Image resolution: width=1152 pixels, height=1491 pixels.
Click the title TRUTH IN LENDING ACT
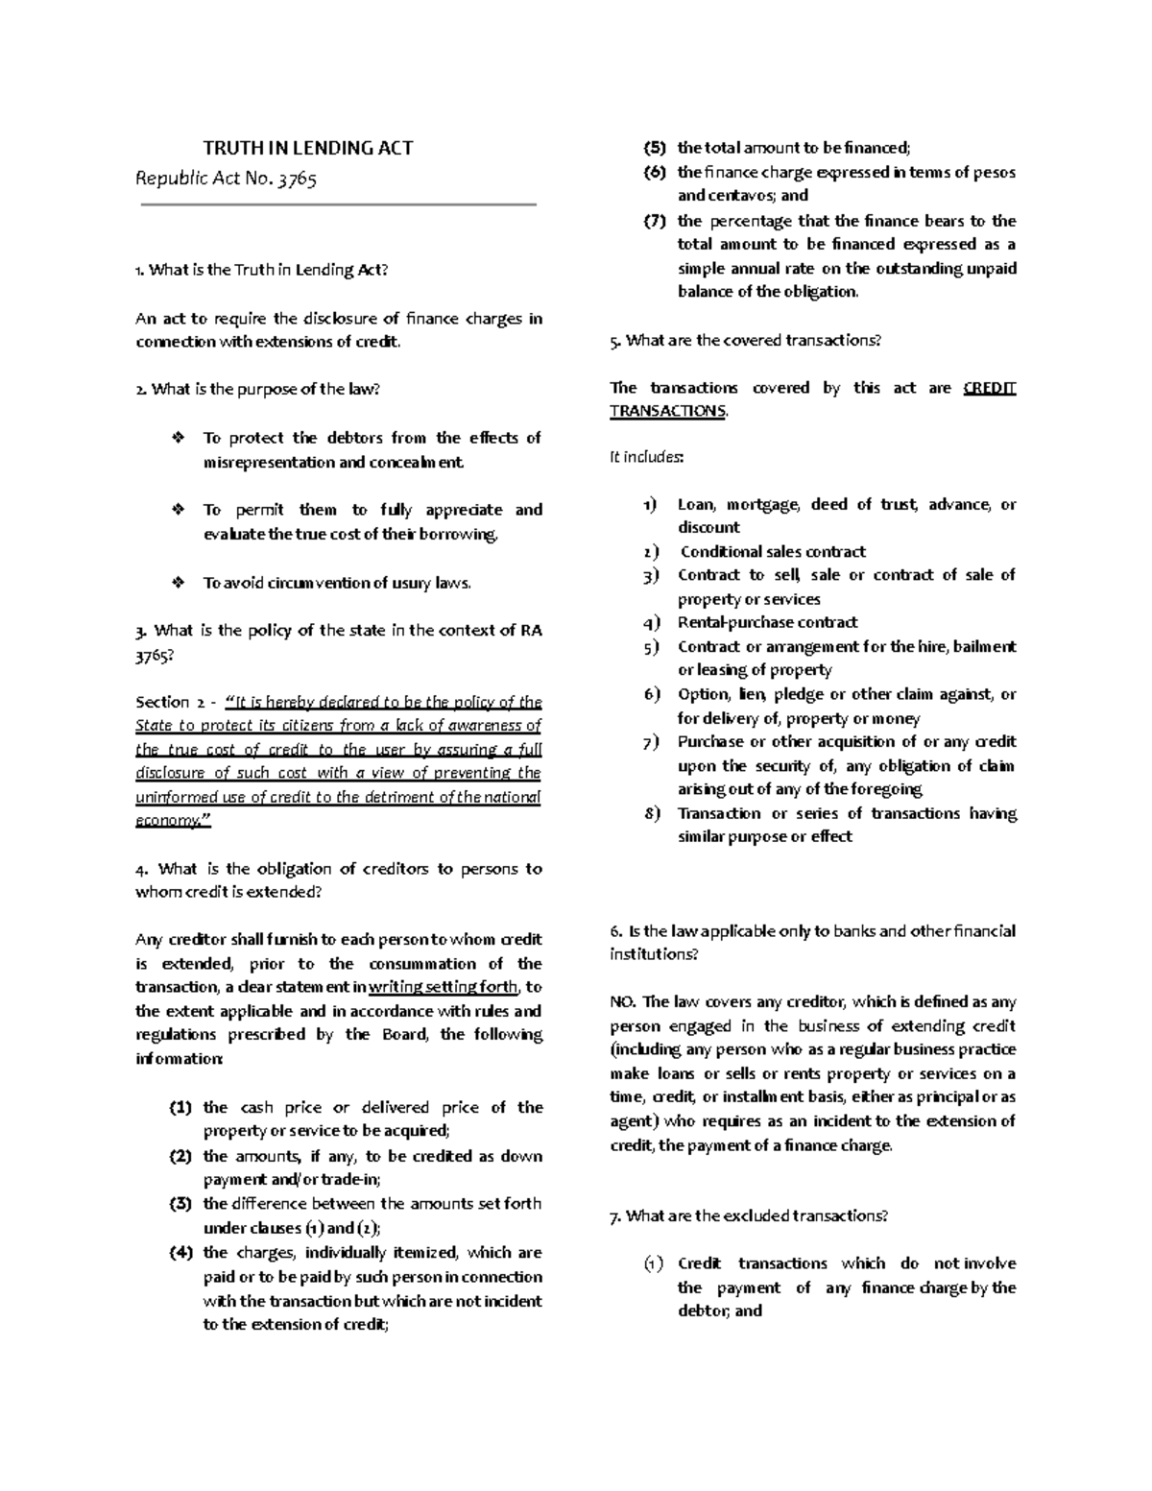point(307,148)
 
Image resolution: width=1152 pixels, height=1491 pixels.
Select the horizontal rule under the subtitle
point(338,204)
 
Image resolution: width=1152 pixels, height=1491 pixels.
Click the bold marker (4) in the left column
point(181,1252)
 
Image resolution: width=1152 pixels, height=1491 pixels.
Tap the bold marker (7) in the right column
point(655,221)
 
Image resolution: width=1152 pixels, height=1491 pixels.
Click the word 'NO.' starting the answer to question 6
point(623,1001)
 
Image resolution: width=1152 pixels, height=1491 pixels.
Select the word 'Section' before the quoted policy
point(162,702)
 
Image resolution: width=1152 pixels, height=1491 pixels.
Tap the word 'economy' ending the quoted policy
point(167,821)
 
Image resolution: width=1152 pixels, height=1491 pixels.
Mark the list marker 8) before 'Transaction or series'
point(653,813)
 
